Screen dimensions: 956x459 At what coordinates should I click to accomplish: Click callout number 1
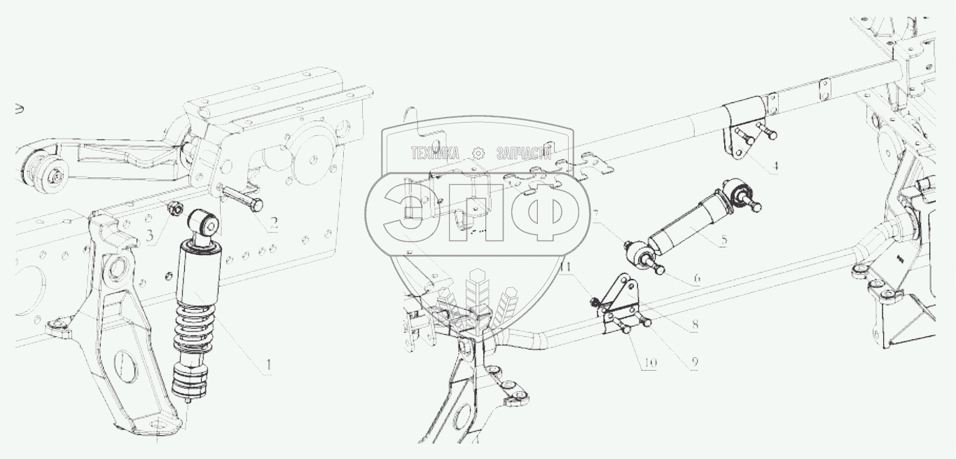[268, 366]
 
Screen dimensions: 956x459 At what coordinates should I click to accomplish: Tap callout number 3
[149, 235]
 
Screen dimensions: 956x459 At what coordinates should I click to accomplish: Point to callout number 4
[775, 166]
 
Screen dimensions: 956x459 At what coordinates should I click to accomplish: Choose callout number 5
[724, 240]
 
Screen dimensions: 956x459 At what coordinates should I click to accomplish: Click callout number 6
[697, 278]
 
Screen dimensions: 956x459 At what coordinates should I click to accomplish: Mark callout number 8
[695, 324]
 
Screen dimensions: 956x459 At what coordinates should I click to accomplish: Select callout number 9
[694, 362]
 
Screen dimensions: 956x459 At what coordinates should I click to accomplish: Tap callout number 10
[651, 363]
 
